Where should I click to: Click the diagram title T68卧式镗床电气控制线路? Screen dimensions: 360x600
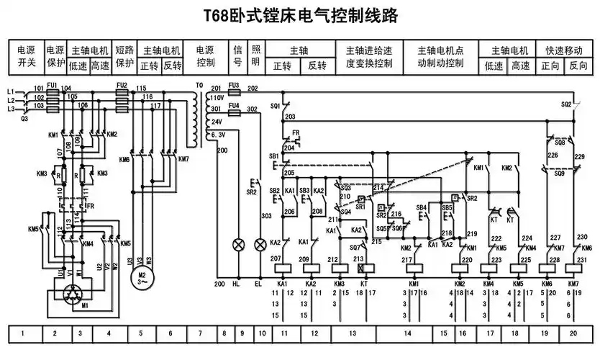point(301,16)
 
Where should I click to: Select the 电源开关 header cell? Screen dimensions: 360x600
point(26,57)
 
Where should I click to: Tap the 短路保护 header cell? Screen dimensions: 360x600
point(124,57)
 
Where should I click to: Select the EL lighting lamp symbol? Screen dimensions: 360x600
point(259,245)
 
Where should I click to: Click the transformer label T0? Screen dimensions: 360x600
point(199,86)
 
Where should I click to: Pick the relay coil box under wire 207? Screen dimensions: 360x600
point(282,266)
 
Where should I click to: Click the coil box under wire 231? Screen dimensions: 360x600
point(573,266)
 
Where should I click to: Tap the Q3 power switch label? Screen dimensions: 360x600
point(24,118)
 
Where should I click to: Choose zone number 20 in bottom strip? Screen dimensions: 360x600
point(573,334)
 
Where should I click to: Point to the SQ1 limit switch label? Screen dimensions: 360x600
point(274,106)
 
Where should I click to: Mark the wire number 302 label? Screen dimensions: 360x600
point(252,109)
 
